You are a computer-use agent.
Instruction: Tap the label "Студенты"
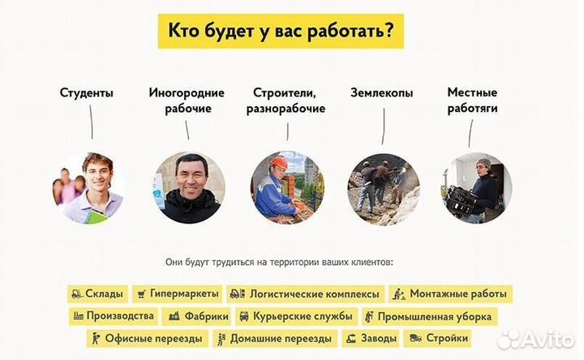click(x=87, y=92)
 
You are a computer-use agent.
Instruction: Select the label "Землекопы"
click(x=383, y=92)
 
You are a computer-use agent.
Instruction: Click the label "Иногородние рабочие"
click(x=187, y=101)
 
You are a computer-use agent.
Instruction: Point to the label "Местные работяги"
click(x=472, y=101)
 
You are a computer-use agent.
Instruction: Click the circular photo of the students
click(x=88, y=188)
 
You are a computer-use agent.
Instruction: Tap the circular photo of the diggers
click(x=384, y=188)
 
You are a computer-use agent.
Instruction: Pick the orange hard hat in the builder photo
click(x=279, y=162)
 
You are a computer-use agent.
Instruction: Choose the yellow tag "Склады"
click(x=98, y=294)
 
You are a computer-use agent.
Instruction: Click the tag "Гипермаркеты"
click(x=176, y=294)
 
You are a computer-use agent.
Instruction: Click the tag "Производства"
click(x=114, y=316)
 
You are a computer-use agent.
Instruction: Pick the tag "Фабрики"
click(x=195, y=316)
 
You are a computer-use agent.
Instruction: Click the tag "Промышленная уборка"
click(x=428, y=316)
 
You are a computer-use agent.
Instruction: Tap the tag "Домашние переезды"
click(x=274, y=338)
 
